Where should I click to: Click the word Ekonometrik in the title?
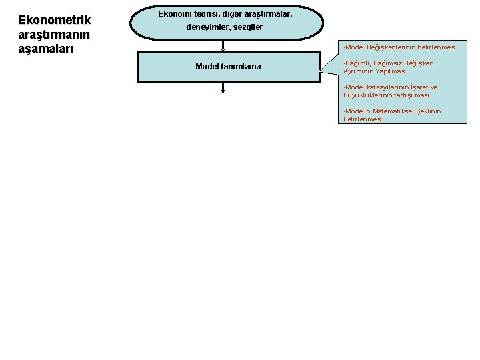[54, 21]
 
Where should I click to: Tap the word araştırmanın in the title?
[54, 34]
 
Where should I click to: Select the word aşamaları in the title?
[45, 48]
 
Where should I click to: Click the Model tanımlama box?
[229, 67]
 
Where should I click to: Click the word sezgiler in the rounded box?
[247, 27]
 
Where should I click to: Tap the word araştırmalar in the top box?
[269, 13]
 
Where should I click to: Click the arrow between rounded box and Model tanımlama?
[223, 45]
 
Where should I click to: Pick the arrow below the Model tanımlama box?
[223, 88]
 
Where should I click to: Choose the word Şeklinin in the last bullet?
[429, 111]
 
